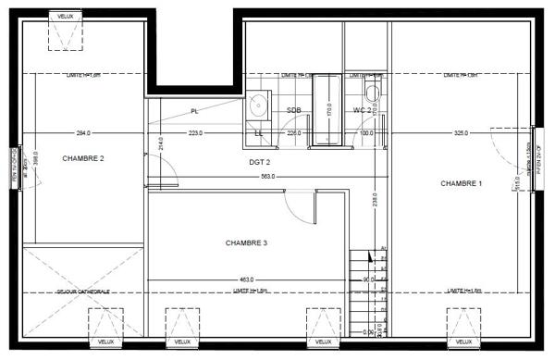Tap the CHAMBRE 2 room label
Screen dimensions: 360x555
tap(83, 158)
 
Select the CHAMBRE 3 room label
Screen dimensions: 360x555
tap(246, 243)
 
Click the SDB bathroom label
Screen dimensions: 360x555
tap(294, 111)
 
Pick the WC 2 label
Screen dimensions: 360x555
tap(363, 111)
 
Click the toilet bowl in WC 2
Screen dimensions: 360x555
tap(372, 93)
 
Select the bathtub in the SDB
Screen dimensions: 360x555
tap(326, 111)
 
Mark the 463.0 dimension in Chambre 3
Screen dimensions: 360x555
tap(245, 279)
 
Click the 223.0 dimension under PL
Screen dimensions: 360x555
tap(196, 133)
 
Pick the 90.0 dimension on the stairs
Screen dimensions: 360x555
tap(367, 279)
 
